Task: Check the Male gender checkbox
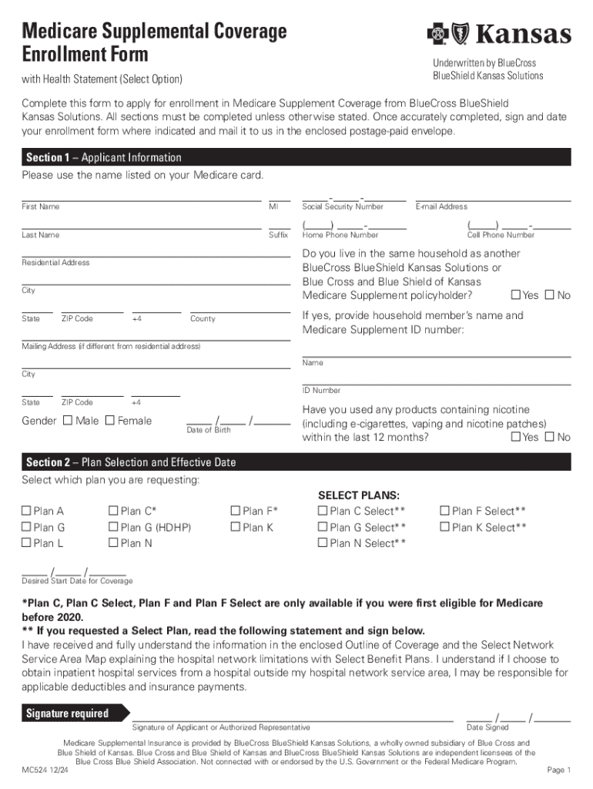click(x=68, y=421)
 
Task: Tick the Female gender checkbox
click(x=109, y=421)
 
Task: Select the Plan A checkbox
click(x=26, y=511)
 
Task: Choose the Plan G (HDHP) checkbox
click(x=114, y=528)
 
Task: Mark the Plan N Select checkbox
click(x=323, y=544)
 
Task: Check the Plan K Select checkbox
click(x=444, y=528)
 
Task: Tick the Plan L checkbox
click(x=26, y=544)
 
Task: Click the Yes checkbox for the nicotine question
click(x=516, y=438)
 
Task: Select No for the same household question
click(x=550, y=296)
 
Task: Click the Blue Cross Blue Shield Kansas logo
click(x=499, y=34)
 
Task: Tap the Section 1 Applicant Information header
click(x=104, y=157)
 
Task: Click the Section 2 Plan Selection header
click(x=131, y=462)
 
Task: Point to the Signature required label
click(x=68, y=713)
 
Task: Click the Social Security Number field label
click(x=343, y=207)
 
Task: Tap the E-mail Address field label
click(x=441, y=207)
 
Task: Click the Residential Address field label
click(x=55, y=263)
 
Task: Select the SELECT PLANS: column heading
click(x=359, y=495)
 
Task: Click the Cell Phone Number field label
click(x=501, y=235)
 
